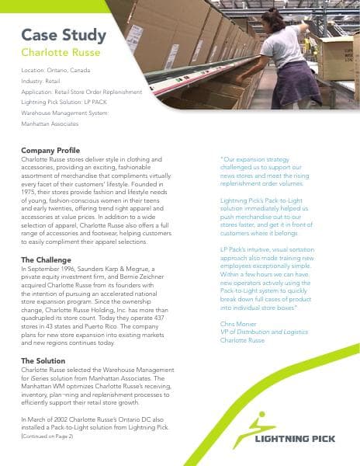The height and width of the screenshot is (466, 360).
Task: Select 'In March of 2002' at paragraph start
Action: pyautogui.click(x=47, y=419)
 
